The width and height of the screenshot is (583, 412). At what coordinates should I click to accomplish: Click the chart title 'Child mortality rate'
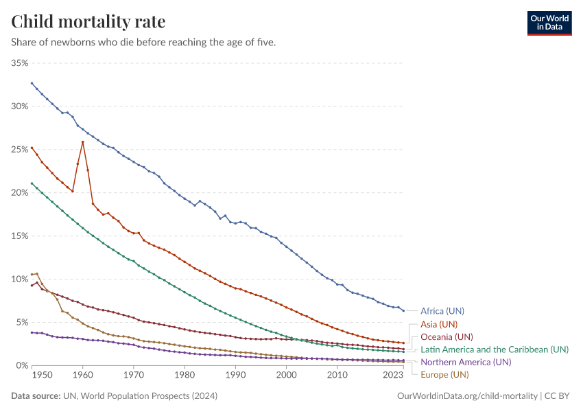(88, 22)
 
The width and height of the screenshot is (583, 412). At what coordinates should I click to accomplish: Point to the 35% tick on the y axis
(20, 63)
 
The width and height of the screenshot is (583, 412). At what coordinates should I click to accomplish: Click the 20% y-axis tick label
(20, 193)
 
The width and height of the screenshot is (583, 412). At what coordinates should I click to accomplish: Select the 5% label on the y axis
(22, 323)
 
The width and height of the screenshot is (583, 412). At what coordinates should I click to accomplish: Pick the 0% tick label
(22, 365)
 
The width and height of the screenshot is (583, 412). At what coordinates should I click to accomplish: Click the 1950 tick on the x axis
(41, 376)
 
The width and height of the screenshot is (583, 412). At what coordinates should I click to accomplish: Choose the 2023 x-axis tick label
(394, 376)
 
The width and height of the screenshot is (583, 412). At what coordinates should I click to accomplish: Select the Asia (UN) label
(438, 324)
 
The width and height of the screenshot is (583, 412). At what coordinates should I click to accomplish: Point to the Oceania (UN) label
(447, 336)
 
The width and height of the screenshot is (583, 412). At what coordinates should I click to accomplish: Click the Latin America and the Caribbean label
(494, 350)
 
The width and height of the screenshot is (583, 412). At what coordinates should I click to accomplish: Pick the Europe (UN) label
(444, 374)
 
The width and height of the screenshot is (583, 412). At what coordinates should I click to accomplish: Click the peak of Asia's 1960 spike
(83, 142)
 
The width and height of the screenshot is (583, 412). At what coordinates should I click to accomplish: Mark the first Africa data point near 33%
(32, 83)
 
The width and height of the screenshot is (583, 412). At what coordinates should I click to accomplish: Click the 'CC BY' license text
(558, 396)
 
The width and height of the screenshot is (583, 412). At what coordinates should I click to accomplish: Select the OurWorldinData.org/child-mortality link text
(468, 396)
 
